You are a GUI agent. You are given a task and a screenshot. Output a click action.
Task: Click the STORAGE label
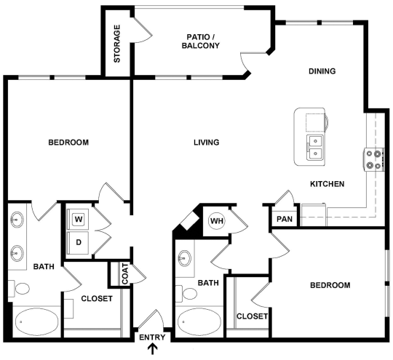point(116,44)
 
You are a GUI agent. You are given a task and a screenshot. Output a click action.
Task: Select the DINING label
point(322,71)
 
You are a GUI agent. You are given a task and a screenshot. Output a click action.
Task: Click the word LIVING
point(206,143)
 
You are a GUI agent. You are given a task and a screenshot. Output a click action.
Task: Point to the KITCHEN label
point(327,185)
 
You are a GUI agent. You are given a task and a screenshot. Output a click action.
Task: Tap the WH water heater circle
point(217,220)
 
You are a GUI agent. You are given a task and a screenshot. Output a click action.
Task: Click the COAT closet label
point(124,274)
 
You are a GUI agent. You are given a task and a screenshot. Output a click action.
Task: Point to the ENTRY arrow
point(152,350)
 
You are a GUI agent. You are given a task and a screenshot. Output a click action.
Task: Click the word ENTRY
point(152,337)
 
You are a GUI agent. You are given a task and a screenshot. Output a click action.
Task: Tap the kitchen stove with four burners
point(374,159)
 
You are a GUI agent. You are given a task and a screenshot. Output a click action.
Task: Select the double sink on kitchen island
point(316,147)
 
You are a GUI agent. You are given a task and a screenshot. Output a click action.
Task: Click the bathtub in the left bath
point(35,321)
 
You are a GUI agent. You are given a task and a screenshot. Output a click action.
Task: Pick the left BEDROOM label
point(68,143)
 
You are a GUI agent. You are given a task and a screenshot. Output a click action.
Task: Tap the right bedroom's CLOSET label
point(253,316)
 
